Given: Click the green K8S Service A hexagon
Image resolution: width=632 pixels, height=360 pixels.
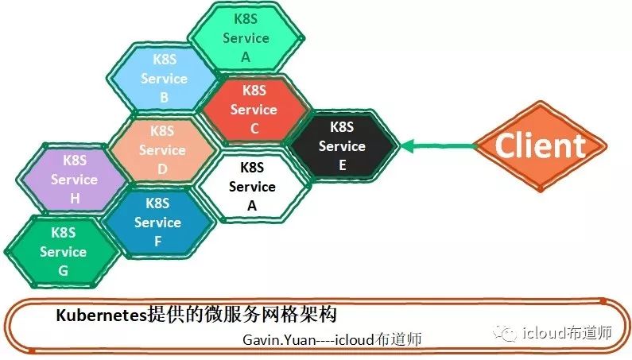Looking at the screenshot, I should click(x=246, y=37).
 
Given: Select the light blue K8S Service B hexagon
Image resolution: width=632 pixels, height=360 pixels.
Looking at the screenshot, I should click(x=164, y=78).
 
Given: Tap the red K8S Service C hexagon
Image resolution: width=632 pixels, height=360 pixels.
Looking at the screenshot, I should click(x=254, y=110).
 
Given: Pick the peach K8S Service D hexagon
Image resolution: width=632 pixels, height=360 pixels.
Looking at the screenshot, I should click(x=162, y=149).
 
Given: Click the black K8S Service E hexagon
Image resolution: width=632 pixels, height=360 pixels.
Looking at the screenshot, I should click(x=342, y=145).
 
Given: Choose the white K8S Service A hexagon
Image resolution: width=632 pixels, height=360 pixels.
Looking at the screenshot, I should click(x=251, y=186).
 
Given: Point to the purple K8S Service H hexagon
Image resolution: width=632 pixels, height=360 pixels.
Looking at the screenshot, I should click(x=74, y=180).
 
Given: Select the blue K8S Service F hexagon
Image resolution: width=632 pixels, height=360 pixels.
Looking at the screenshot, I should click(x=157, y=222).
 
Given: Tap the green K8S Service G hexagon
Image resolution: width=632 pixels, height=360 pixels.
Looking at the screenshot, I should click(x=63, y=251).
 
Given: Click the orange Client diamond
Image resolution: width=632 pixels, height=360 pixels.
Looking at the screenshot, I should click(x=540, y=145).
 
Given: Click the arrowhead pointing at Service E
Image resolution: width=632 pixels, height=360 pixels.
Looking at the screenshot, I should click(x=408, y=145).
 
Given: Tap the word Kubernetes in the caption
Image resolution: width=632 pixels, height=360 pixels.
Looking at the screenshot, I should click(x=101, y=314).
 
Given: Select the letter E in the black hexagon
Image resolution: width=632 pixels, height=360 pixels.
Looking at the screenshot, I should click(x=342, y=165).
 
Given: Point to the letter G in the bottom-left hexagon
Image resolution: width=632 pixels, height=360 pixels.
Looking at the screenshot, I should click(x=63, y=271).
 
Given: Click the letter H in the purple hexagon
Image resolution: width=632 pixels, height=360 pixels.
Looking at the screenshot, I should click(x=74, y=199).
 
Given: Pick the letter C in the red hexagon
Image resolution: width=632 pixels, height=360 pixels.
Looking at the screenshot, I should click(x=254, y=129).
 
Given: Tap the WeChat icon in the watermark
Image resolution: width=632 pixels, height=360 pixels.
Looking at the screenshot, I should click(x=507, y=335).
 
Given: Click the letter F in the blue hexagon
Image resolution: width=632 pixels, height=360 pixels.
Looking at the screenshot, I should click(x=157, y=242).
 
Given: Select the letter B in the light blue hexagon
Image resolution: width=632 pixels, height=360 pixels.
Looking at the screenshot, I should click(x=164, y=98).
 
